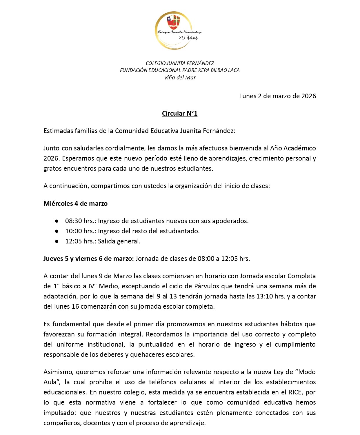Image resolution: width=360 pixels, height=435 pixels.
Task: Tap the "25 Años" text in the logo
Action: [188, 38]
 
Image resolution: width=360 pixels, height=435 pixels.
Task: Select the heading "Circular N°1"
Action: [180, 113]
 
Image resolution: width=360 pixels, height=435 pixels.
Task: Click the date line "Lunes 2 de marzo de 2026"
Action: [277, 96]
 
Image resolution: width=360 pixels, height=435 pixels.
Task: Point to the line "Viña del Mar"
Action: [180, 77]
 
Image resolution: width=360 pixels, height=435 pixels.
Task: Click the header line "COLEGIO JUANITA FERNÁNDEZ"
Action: [180, 63]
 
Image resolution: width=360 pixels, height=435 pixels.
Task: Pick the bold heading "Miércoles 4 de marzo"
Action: [75, 203]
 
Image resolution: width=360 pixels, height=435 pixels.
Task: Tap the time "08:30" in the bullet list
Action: [74, 221]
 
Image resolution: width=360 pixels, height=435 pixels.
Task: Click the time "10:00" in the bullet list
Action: [74, 231]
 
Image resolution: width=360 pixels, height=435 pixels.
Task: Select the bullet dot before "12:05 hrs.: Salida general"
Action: [57, 241]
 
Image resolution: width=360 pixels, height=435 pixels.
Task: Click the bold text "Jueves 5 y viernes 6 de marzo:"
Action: [89, 259]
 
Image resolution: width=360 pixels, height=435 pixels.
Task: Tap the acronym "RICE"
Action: [295, 392]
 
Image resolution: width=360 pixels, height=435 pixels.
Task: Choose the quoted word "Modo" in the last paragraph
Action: [307, 372]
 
